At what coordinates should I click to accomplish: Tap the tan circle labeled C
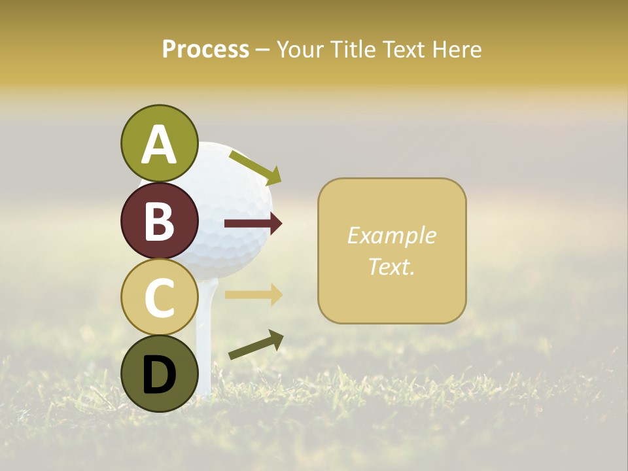pyautogui.click(x=159, y=297)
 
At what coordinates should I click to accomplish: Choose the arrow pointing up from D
pyautogui.click(x=256, y=344)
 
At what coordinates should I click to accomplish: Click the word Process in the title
pyautogui.click(x=205, y=49)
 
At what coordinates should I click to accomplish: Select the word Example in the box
pyautogui.click(x=391, y=235)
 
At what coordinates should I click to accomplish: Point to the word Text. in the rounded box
pyautogui.click(x=391, y=266)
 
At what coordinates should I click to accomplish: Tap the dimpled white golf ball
pyautogui.click(x=232, y=209)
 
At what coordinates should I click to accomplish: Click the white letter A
pyautogui.click(x=159, y=144)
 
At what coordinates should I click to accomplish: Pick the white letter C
pyautogui.click(x=159, y=297)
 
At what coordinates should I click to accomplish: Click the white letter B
pyautogui.click(x=159, y=221)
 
